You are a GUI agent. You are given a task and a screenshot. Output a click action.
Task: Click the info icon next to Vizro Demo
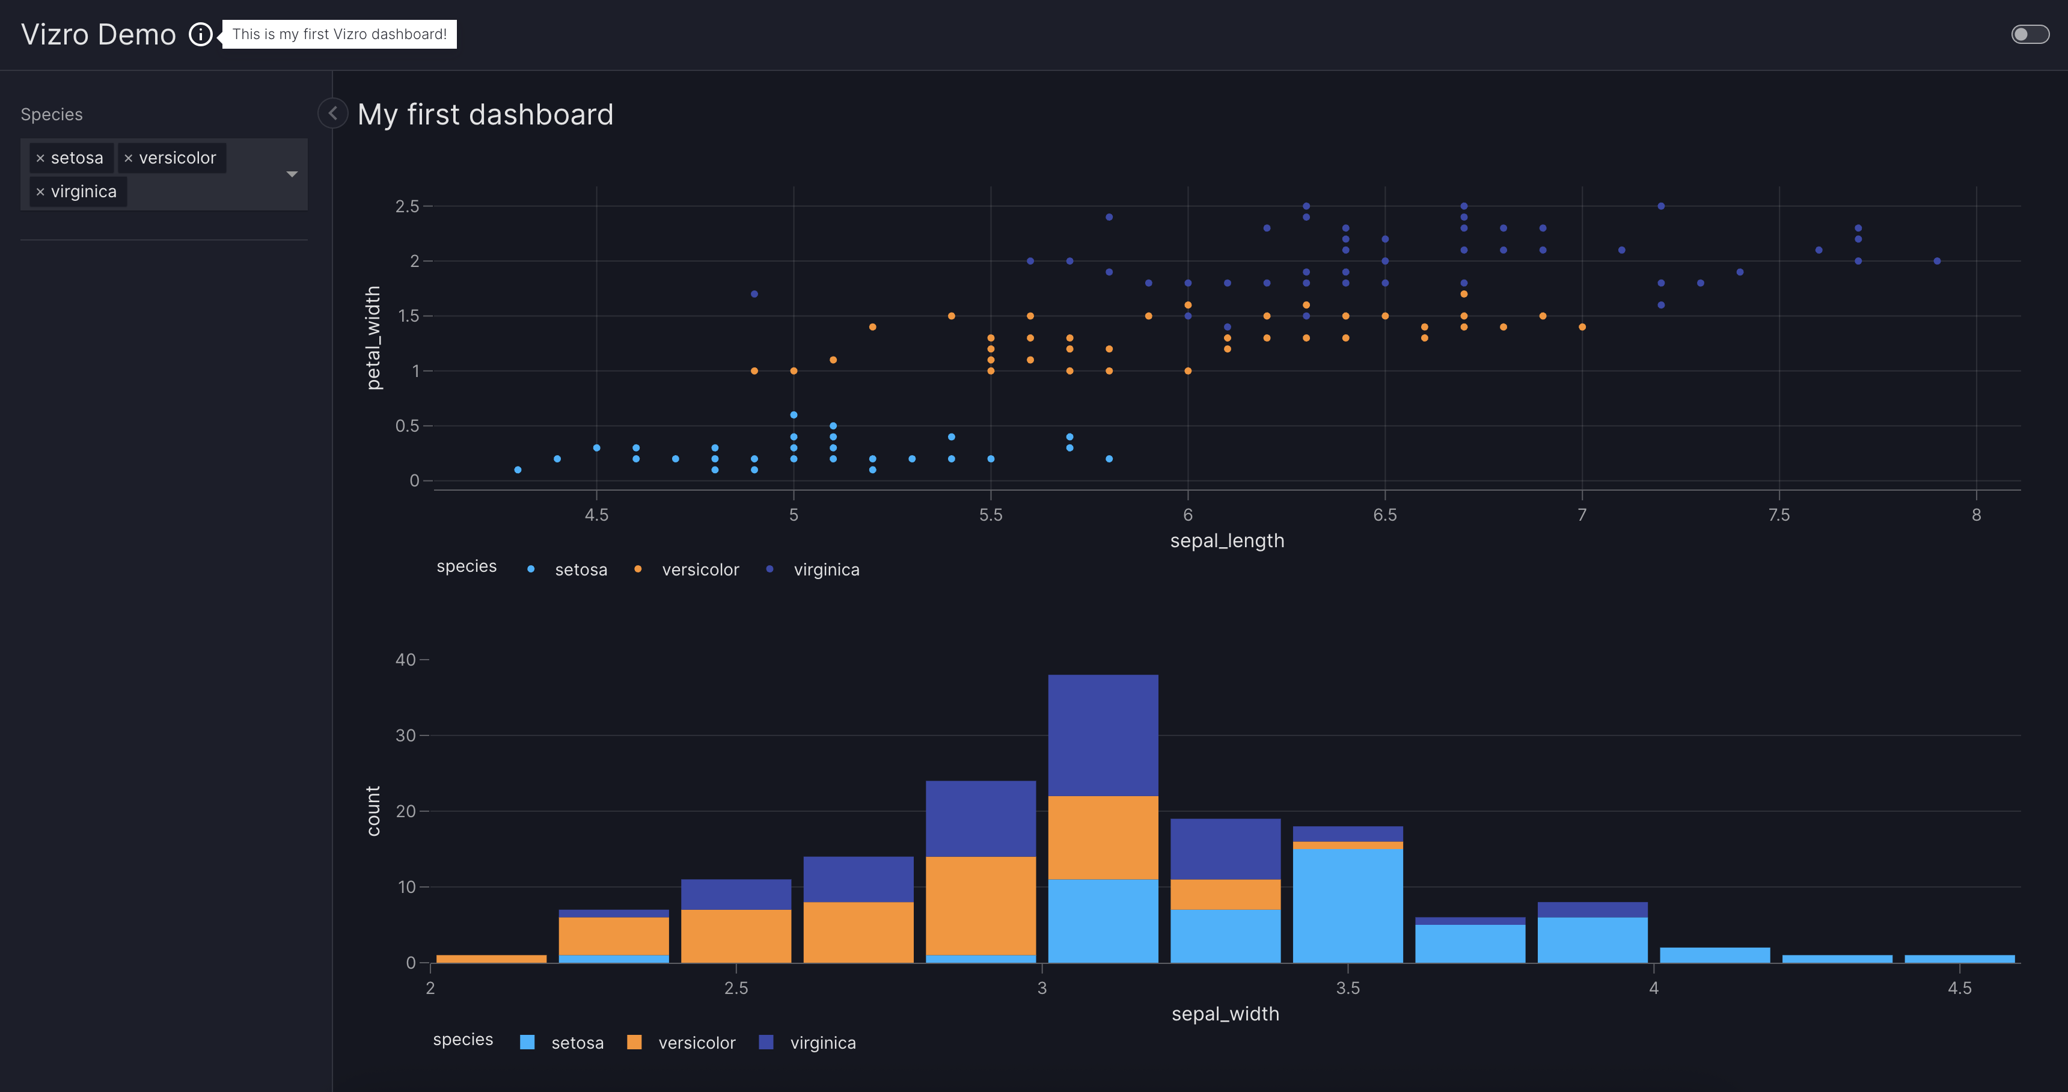tap(200, 34)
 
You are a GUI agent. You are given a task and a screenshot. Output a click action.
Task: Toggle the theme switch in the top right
tap(2030, 34)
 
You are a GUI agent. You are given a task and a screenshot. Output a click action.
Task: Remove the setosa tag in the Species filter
tap(40, 158)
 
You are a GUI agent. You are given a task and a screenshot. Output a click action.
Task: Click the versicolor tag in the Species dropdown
tap(177, 158)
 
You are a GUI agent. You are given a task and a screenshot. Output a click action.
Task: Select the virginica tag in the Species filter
tap(84, 192)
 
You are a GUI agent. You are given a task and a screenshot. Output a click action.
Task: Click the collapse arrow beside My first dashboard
tap(332, 113)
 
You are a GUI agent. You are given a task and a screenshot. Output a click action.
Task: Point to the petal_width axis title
tap(373, 338)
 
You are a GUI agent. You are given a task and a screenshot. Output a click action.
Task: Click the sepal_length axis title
tap(1226, 541)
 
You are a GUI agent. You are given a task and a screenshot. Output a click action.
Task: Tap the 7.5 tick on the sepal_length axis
tap(1779, 515)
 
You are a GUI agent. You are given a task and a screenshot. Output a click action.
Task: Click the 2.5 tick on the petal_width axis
tap(407, 206)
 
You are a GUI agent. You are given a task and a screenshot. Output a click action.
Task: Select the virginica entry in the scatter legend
tap(825, 570)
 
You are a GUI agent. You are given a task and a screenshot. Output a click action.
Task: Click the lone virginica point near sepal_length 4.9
tap(754, 294)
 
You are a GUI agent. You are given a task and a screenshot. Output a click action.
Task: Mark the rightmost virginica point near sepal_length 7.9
tap(1936, 261)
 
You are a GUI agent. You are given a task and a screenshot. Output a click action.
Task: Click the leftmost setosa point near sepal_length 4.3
tap(518, 470)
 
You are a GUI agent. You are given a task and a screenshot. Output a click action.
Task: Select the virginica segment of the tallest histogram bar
tap(1103, 735)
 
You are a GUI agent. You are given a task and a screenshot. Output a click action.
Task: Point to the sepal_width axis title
tap(1225, 1014)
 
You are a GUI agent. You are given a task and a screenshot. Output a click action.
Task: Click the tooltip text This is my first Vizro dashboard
tap(340, 34)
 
